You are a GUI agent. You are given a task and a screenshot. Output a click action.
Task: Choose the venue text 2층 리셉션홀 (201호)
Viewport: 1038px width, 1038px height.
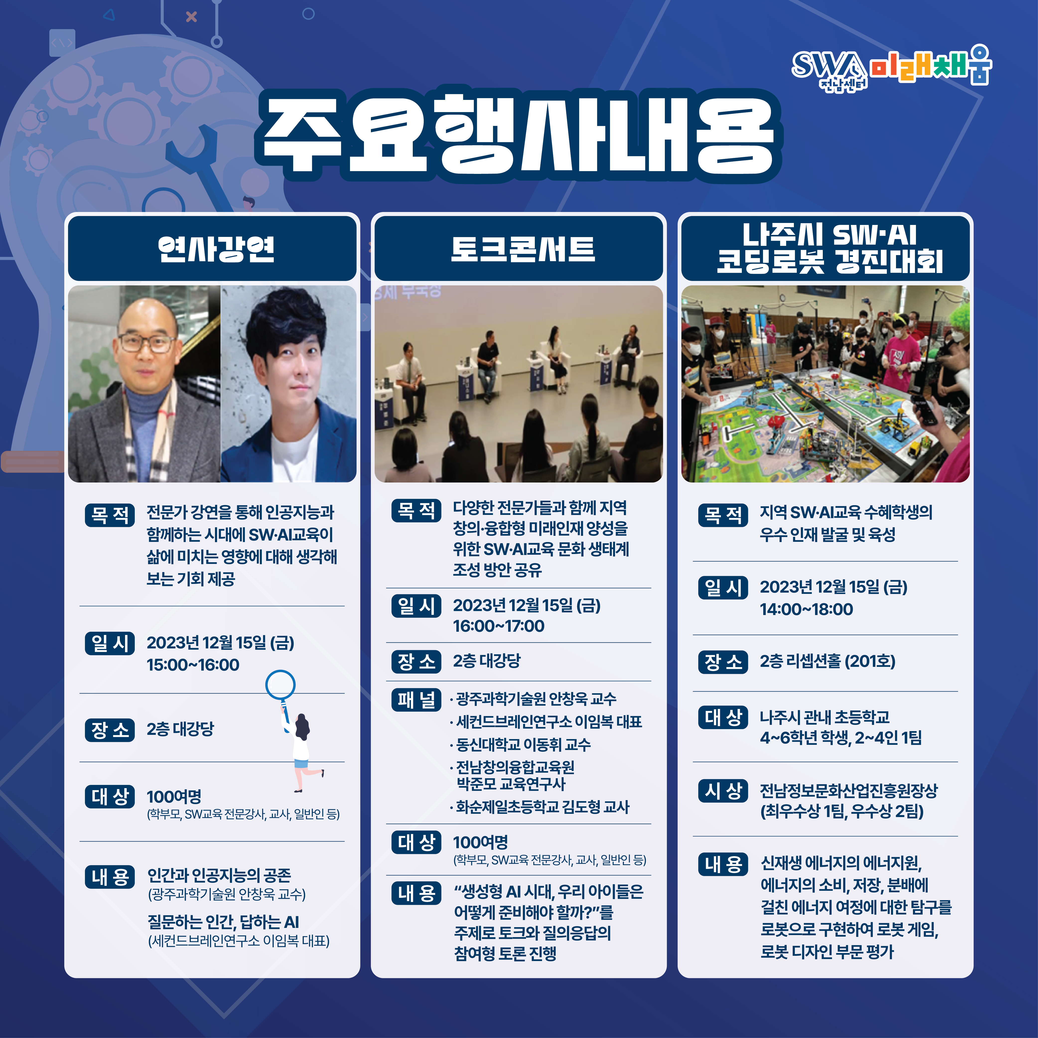[x=828, y=661]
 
